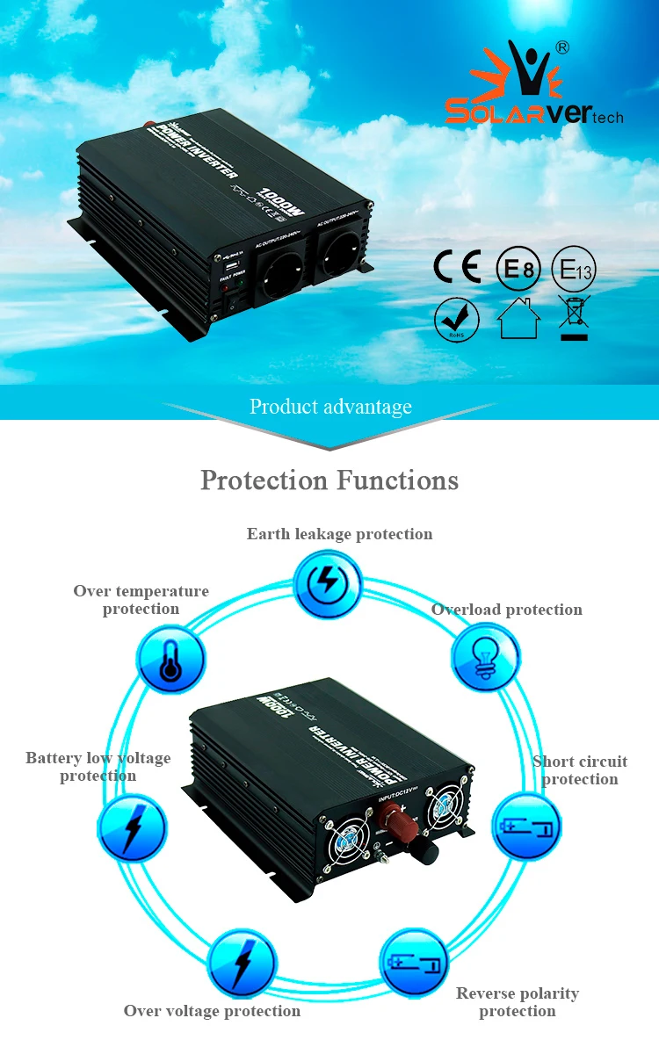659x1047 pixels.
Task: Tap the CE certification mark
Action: point(458,267)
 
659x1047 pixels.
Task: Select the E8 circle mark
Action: point(518,268)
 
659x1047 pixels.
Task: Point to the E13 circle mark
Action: point(574,269)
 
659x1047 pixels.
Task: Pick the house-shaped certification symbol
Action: point(518,318)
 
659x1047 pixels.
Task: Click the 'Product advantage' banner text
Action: point(330,407)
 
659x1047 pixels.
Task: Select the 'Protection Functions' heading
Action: point(329,480)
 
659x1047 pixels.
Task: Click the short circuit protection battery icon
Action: point(525,827)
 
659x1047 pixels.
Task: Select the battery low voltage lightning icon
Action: point(131,827)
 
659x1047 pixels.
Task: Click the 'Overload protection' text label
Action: point(506,610)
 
